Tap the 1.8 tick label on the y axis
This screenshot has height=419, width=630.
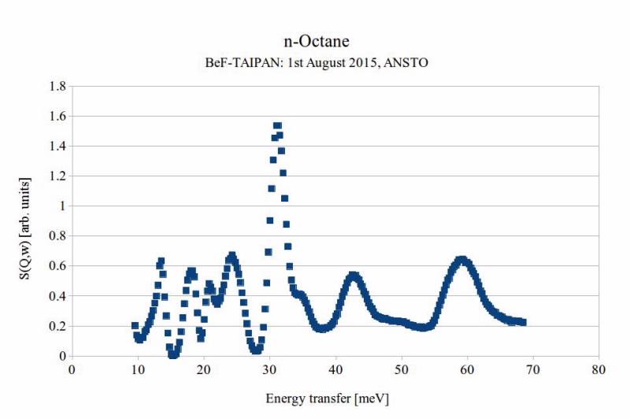56,86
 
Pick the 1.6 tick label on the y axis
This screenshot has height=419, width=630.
56,116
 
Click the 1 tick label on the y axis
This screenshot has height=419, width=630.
61,206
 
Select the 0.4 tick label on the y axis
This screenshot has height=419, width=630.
56,296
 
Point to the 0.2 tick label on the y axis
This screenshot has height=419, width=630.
56,326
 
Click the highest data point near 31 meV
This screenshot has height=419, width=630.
277,126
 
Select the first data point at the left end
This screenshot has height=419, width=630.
135,325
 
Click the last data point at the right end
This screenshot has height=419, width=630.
523,322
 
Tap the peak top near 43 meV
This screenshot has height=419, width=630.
354,276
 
